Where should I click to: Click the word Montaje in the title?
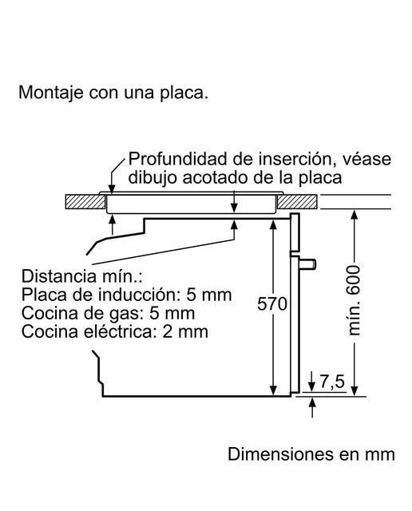coord(51,93)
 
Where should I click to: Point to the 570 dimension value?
coord(272,303)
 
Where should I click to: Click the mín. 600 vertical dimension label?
coord(354,300)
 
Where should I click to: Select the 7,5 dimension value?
coord(332,382)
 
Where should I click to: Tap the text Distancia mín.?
coord(82,275)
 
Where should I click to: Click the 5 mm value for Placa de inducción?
coord(209,295)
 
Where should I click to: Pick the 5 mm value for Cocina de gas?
coord(172,313)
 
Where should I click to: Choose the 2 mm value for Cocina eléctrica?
coord(185,331)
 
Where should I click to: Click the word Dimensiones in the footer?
coord(280,454)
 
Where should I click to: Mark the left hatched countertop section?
coord(85,202)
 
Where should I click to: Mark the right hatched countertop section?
coord(297,202)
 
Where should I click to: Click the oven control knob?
coord(307,264)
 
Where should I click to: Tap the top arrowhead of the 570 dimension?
coord(274,224)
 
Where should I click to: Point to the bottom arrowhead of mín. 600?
coord(355,391)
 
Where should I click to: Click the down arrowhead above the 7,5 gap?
coord(312,386)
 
